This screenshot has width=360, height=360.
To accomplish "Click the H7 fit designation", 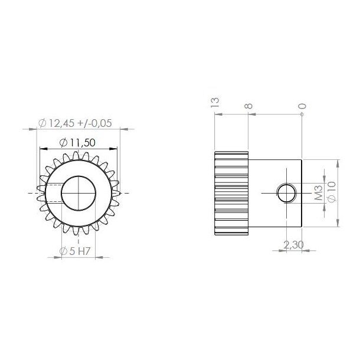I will pos(86,251).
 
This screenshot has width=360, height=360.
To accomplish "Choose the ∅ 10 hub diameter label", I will pos(331,192).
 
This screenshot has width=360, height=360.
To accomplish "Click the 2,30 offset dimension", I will pos(293,244).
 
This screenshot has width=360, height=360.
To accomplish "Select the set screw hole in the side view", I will pos(287,192).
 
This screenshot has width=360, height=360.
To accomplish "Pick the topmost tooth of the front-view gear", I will pos(78,155).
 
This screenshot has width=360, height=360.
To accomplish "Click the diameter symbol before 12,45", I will pos(42,123).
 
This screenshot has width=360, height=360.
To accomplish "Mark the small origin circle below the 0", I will pos(302,115).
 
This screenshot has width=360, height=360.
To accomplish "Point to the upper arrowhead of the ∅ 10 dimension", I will pos(338,162).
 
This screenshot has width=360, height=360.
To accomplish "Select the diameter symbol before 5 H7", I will pos(64,251).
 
